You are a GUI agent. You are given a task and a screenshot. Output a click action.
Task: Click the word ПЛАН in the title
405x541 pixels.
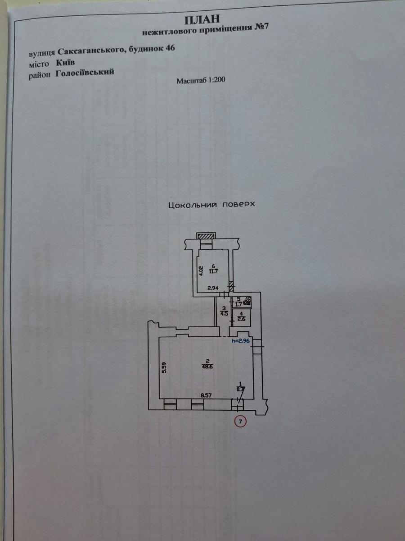click(x=202, y=20)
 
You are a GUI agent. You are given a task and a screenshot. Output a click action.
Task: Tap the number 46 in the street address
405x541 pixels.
click(x=171, y=48)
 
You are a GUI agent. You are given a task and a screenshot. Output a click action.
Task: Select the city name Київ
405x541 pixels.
click(x=65, y=63)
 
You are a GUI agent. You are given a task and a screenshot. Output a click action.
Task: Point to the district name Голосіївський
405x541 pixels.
click(x=85, y=73)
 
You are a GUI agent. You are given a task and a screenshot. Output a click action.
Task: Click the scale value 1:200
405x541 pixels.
click(x=217, y=80)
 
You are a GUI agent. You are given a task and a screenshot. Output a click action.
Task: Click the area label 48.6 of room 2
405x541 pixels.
click(x=207, y=367)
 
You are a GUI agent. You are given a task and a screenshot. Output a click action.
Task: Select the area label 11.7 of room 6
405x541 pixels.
click(x=213, y=271)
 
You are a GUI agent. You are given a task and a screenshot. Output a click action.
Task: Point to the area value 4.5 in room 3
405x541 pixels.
click(x=224, y=314)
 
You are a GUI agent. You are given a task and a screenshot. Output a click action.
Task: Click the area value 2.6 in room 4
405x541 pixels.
click(x=241, y=319)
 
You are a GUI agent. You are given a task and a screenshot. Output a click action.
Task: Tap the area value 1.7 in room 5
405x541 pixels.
click(x=238, y=304)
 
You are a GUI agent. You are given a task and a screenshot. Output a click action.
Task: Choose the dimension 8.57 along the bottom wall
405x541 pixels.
click(x=206, y=395)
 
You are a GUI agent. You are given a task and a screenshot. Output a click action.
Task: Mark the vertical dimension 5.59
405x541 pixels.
click(x=165, y=367)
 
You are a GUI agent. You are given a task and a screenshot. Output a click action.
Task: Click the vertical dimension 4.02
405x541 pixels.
click(x=201, y=270)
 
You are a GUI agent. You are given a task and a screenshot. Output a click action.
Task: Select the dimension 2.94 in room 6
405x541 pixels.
click(x=213, y=288)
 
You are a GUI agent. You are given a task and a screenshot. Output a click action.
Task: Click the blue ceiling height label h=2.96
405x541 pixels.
click(x=241, y=341)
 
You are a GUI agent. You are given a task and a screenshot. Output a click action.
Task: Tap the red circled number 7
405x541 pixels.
click(x=240, y=422)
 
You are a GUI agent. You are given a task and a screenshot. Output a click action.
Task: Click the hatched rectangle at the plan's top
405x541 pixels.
click(x=206, y=236)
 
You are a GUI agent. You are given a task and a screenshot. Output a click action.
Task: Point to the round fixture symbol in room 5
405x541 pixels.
click(x=248, y=300)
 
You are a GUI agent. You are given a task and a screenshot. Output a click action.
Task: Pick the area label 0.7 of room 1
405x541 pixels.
click(x=240, y=390)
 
